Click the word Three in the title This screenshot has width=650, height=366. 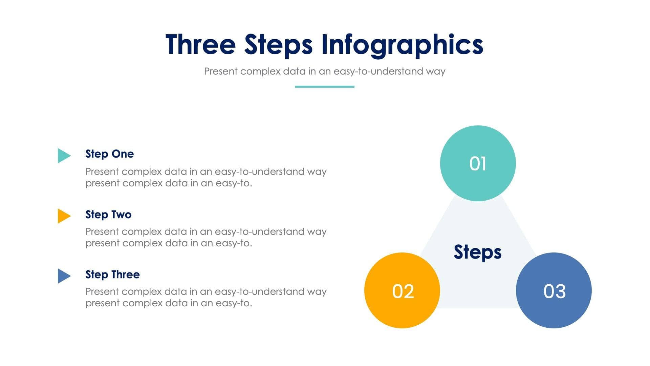[x=200, y=44]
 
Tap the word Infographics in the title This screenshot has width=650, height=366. [x=402, y=44]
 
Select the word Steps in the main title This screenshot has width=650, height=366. [x=278, y=44]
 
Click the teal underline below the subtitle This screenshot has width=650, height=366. [x=325, y=87]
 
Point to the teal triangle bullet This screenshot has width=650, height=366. [x=63, y=156]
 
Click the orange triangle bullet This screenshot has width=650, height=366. [x=63, y=216]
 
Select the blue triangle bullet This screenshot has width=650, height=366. [x=63, y=276]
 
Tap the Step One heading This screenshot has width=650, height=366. [x=109, y=154]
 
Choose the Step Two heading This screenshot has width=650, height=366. [x=108, y=215]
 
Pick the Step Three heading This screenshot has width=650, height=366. [x=112, y=274]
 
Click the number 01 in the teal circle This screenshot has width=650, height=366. [x=478, y=164]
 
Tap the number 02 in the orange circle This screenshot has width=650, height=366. [x=403, y=291]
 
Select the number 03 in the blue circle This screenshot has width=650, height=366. [x=554, y=291]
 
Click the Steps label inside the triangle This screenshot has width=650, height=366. [x=477, y=252]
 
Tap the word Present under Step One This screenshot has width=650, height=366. [x=102, y=171]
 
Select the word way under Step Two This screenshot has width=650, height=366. [x=317, y=232]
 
